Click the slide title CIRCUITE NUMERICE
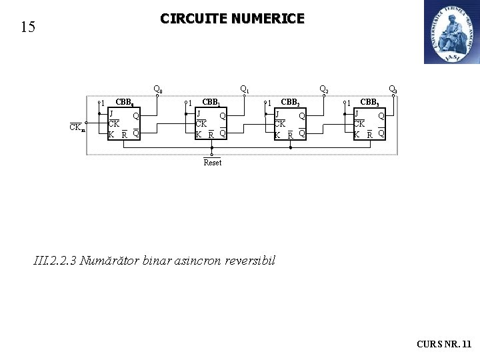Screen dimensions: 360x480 232,19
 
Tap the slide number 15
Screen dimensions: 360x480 27,27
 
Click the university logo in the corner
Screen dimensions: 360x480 451,32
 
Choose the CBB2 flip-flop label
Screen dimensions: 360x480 291,103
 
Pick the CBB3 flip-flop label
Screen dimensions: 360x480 370,103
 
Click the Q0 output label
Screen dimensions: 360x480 158,89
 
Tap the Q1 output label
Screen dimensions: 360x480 244,89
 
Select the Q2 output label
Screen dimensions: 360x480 323,89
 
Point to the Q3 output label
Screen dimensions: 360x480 393,89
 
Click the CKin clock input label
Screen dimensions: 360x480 77,128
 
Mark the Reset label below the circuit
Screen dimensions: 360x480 212,163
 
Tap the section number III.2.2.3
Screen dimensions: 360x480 54,261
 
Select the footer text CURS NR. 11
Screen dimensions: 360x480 443,344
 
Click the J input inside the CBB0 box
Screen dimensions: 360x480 111,114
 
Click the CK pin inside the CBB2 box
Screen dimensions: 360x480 280,124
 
